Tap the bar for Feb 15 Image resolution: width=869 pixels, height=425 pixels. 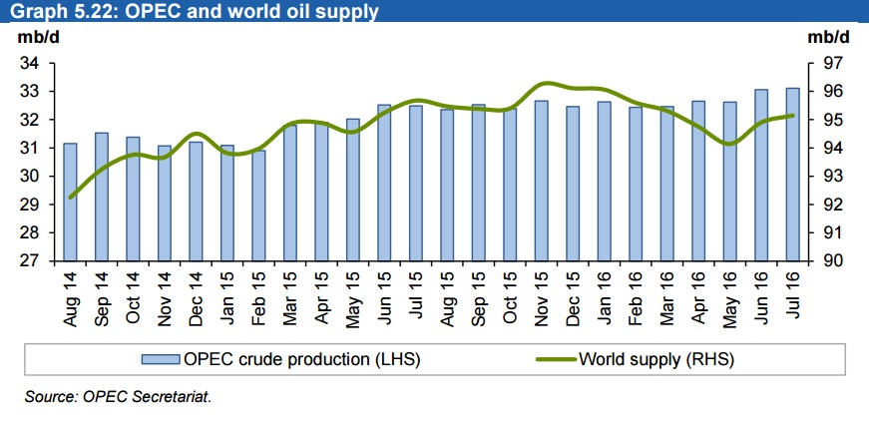258,206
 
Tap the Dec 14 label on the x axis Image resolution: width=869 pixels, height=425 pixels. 196,296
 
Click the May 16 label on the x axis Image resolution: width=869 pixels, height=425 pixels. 729,296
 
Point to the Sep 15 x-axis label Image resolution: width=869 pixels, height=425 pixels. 478,296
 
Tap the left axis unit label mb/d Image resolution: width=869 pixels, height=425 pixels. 35,38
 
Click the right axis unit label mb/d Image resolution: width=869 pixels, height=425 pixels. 828,38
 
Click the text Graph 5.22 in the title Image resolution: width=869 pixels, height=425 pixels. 50,12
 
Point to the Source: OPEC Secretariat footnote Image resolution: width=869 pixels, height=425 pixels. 119,397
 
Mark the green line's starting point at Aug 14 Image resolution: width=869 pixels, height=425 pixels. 70,197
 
